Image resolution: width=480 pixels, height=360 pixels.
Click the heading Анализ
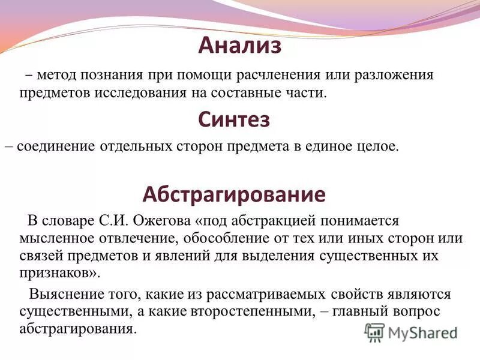(x=239, y=46)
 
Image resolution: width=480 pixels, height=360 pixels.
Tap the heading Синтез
(x=234, y=119)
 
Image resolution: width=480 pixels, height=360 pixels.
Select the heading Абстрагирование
(x=234, y=194)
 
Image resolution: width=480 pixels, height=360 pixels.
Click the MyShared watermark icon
(x=375, y=331)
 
